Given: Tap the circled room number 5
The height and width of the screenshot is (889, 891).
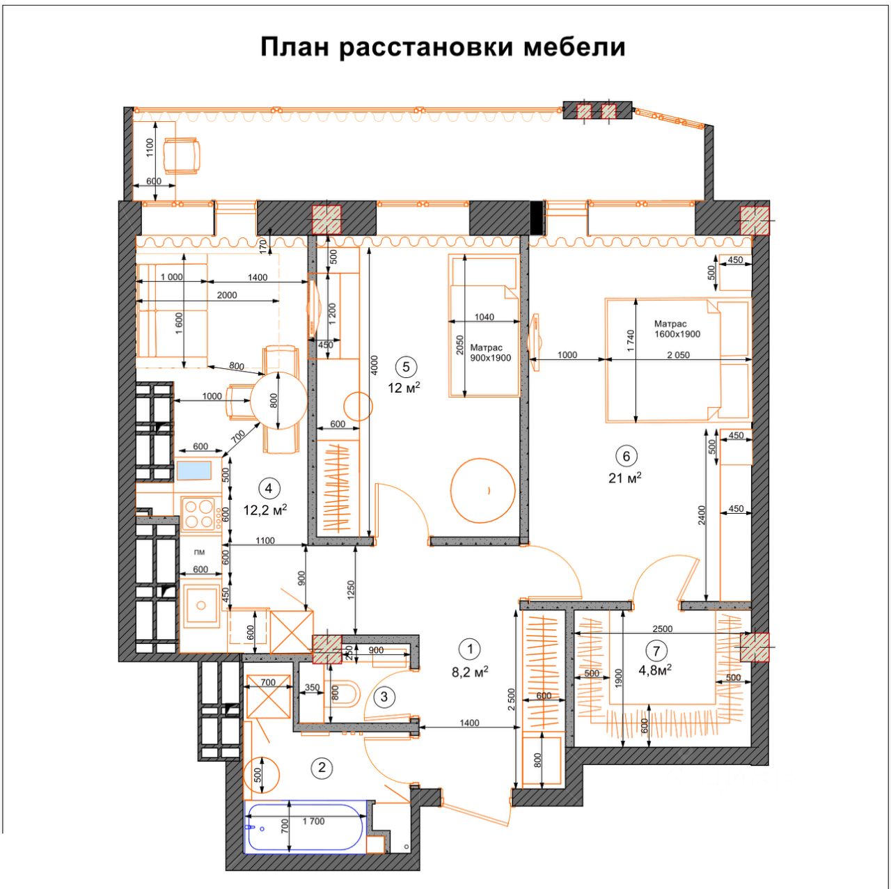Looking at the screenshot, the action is [x=406, y=367].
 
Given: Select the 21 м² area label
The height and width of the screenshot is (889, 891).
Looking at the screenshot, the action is [x=624, y=478].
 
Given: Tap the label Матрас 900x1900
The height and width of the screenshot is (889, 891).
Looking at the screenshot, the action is [x=490, y=352].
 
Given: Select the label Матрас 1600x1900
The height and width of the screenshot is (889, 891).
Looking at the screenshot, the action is [x=677, y=329].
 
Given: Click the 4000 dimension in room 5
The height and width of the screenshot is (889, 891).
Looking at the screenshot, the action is [x=374, y=365].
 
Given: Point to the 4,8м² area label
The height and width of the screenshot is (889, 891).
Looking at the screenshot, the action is [x=655, y=670].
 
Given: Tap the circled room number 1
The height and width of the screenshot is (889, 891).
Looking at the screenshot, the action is [x=471, y=649].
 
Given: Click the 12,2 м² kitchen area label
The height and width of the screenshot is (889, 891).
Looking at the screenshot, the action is [x=265, y=510].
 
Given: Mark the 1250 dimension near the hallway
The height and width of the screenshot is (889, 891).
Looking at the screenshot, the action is [x=352, y=590].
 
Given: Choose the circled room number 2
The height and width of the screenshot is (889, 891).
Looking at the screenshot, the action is [x=322, y=768].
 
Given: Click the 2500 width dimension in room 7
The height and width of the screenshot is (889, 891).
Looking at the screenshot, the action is [x=662, y=629].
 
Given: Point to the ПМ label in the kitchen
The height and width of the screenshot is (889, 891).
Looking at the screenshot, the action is [x=200, y=552].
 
